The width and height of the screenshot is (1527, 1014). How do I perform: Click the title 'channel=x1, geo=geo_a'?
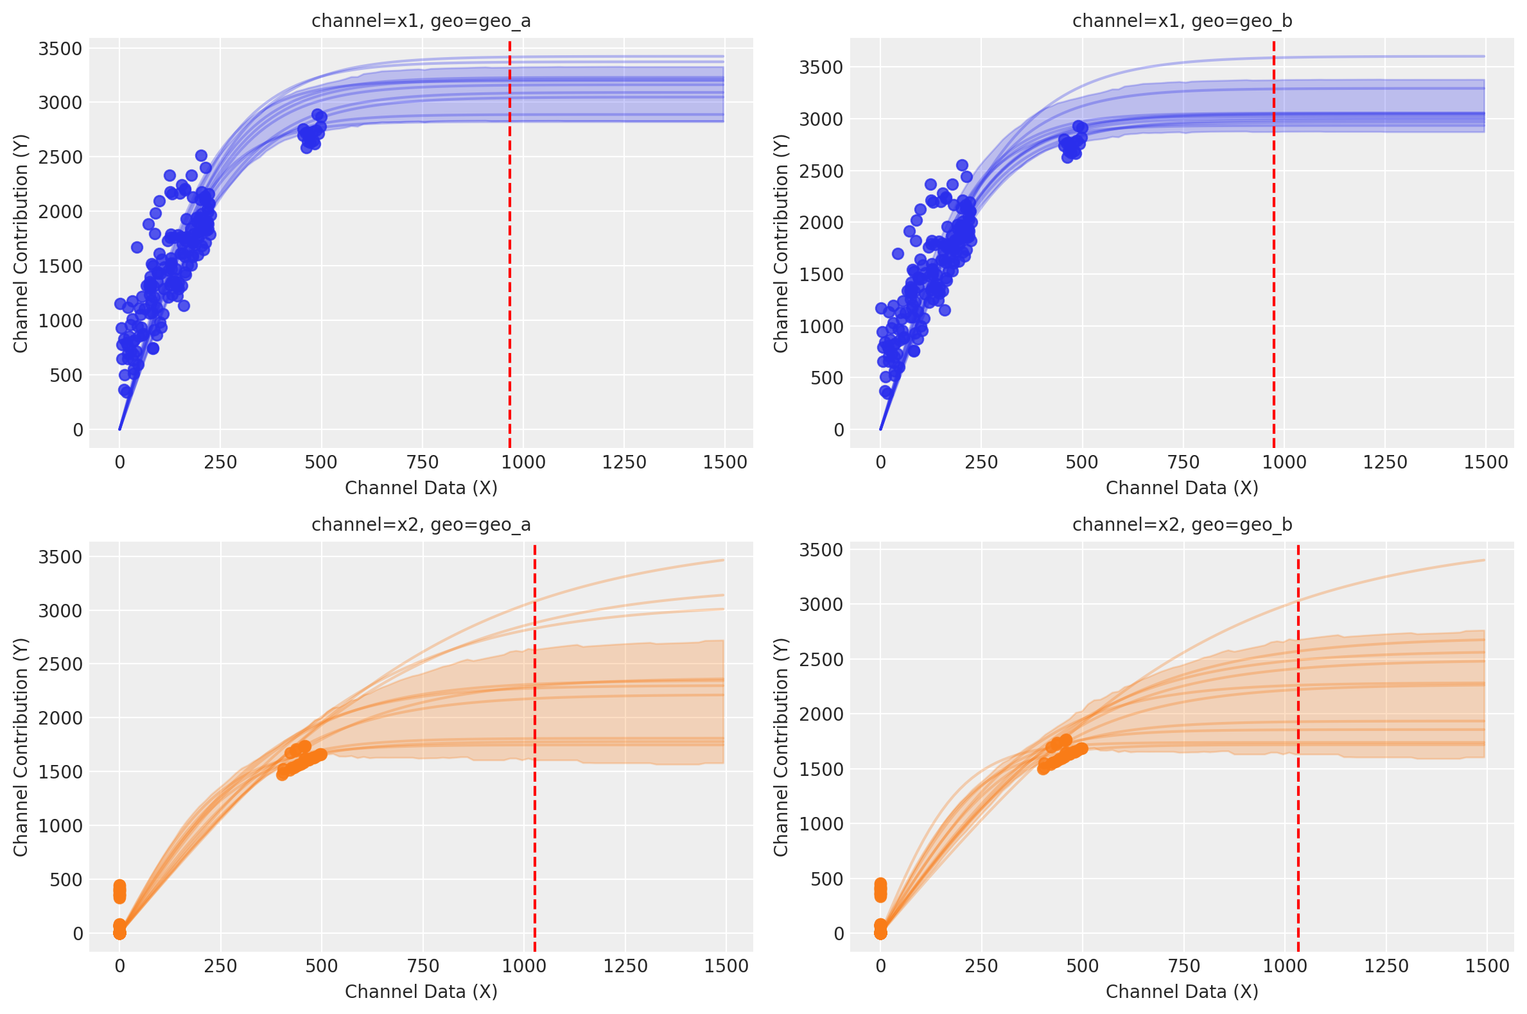(421, 21)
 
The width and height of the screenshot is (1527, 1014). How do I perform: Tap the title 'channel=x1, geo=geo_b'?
(1182, 21)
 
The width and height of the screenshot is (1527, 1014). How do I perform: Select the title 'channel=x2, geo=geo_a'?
(421, 524)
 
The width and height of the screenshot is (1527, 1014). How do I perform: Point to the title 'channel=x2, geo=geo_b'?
(1182, 524)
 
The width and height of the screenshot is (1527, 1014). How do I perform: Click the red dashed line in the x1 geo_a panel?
(510, 259)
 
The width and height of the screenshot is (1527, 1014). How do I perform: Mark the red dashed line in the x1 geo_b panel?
(1274, 259)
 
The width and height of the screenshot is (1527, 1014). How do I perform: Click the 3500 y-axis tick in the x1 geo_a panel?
(60, 49)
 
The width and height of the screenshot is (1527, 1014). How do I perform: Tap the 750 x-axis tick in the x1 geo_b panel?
(1183, 462)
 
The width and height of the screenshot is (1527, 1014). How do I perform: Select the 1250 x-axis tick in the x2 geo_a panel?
(625, 966)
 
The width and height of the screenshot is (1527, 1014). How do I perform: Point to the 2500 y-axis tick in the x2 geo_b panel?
(821, 660)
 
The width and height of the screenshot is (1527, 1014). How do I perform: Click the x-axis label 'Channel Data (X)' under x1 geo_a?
(421, 488)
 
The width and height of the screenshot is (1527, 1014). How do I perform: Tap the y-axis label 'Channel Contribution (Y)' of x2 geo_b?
(781, 747)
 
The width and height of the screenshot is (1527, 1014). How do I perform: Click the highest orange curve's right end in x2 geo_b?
(1483, 560)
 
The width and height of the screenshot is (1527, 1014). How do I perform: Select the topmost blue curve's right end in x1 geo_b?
(1483, 56)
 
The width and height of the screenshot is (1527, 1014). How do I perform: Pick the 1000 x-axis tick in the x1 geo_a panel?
(523, 462)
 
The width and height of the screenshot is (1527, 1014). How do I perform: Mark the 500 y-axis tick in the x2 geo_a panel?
(66, 879)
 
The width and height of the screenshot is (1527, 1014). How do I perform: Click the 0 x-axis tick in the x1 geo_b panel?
(880, 462)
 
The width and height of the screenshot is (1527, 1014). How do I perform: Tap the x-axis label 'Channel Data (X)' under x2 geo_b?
(1182, 992)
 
